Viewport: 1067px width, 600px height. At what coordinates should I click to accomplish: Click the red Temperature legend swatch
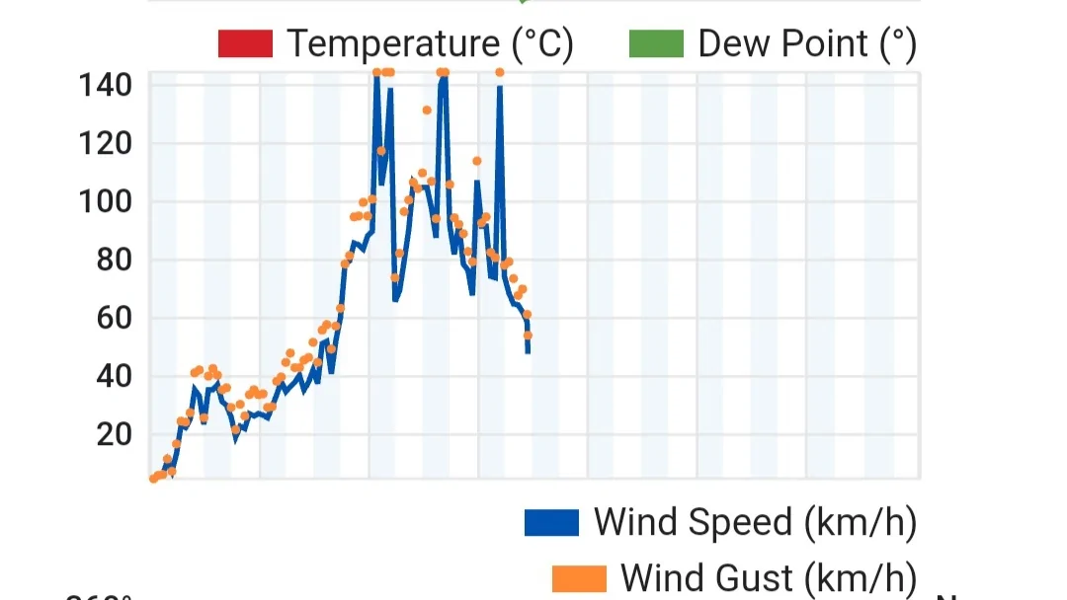pyautogui.click(x=245, y=44)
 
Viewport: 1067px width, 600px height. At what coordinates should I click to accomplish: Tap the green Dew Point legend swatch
pyautogui.click(x=656, y=44)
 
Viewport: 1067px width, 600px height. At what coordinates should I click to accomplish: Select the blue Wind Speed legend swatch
pyautogui.click(x=551, y=522)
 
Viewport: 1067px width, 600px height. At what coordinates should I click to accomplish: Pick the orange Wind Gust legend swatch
pyautogui.click(x=579, y=577)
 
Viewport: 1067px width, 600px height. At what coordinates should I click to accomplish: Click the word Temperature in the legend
pyautogui.click(x=392, y=44)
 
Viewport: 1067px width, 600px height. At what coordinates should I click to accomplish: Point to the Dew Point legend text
pyautogui.click(x=806, y=44)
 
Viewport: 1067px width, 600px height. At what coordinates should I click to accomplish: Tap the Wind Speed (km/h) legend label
pyautogui.click(x=755, y=522)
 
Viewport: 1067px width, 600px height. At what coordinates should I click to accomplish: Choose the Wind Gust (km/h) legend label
pyautogui.click(x=768, y=577)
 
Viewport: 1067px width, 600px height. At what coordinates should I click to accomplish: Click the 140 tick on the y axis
pyautogui.click(x=105, y=86)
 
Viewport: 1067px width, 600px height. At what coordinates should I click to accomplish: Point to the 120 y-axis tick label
pyautogui.click(x=105, y=144)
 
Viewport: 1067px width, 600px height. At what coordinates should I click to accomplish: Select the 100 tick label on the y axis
pyautogui.click(x=105, y=202)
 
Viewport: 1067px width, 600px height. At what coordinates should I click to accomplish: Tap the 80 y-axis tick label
pyautogui.click(x=114, y=261)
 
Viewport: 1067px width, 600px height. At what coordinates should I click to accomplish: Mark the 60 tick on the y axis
pyautogui.click(x=114, y=318)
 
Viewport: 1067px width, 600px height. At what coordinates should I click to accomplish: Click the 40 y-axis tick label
pyautogui.click(x=114, y=376)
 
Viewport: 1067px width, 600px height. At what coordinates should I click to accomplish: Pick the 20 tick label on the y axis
pyautogui.click(x=114, y=434)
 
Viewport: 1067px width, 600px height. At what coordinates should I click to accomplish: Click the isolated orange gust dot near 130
pyautogui.click(x=427, y=110)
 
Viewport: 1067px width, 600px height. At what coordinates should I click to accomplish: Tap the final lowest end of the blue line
pyautogui.click(x=528, y=351)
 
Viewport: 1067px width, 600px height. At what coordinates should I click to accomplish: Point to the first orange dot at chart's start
pyautogui.click(x=154, y=479)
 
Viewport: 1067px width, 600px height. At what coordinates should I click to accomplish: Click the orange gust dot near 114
pyautogui.click(x=476, y=161)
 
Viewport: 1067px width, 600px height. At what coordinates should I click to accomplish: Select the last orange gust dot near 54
pyautogui.click(x=528, y=336)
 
